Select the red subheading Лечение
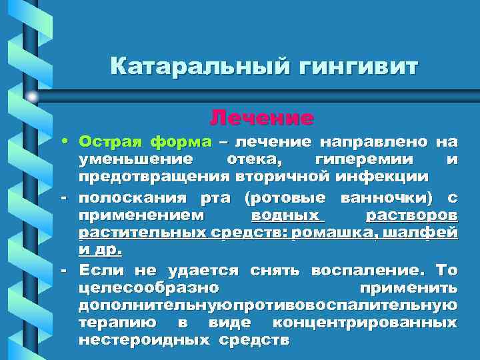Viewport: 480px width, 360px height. click(261, 118)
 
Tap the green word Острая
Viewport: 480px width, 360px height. click(110, 142)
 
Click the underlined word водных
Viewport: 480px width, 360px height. click(287, 216)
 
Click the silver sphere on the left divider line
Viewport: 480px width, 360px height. click(32, 97)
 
